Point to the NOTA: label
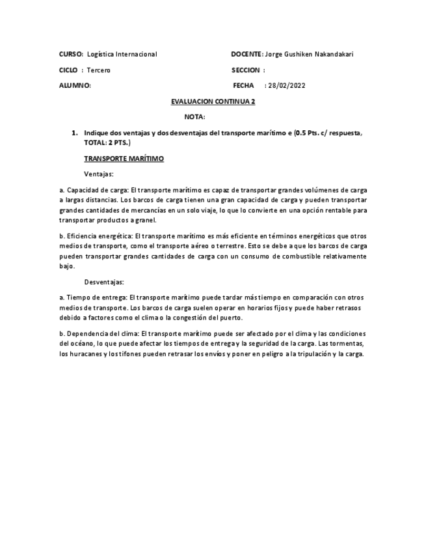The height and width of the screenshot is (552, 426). coord(194,117)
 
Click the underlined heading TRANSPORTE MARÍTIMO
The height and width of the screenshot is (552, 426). coord(124,158)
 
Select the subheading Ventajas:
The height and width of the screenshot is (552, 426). coord(99,174)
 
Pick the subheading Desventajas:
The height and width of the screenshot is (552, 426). coord(104,282)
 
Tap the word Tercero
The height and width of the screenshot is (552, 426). coord(99,70)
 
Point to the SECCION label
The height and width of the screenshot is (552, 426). coord(246,70)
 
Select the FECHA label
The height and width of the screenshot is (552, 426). coord(243,85)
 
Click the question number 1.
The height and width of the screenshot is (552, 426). coord(75,133)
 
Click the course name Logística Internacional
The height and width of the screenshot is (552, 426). coord(122,54)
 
